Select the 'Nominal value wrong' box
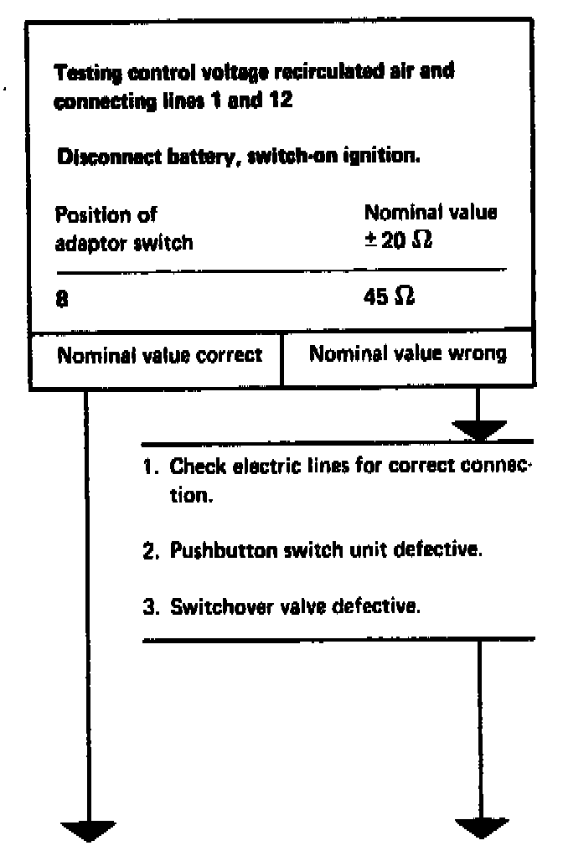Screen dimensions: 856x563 tap(407, 354)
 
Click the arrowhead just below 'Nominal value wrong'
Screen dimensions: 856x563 tap(478, 430)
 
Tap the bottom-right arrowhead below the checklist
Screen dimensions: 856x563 tap(482, 828)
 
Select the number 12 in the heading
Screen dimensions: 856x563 tap(281, 104)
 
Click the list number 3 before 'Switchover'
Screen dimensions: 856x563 tap(149, 606)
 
